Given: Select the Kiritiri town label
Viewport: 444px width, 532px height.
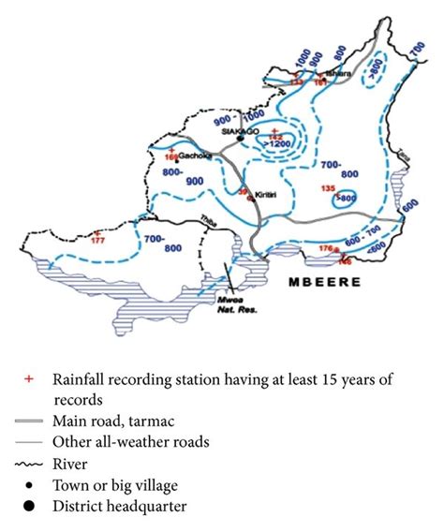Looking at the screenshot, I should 267,188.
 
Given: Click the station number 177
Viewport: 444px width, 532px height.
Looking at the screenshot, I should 101,241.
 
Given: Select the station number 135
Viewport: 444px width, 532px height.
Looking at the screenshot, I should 328,188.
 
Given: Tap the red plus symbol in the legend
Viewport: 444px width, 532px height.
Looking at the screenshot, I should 29,378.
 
